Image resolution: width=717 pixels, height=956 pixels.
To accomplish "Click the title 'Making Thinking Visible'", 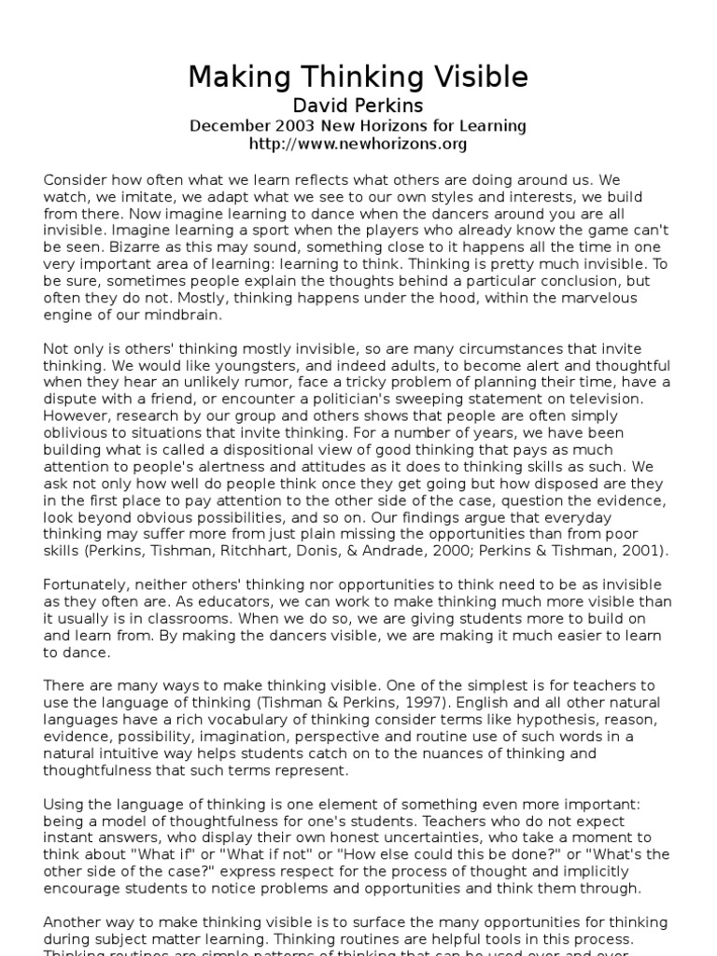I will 358,77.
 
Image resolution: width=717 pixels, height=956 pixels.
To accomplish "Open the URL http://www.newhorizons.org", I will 358,145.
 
